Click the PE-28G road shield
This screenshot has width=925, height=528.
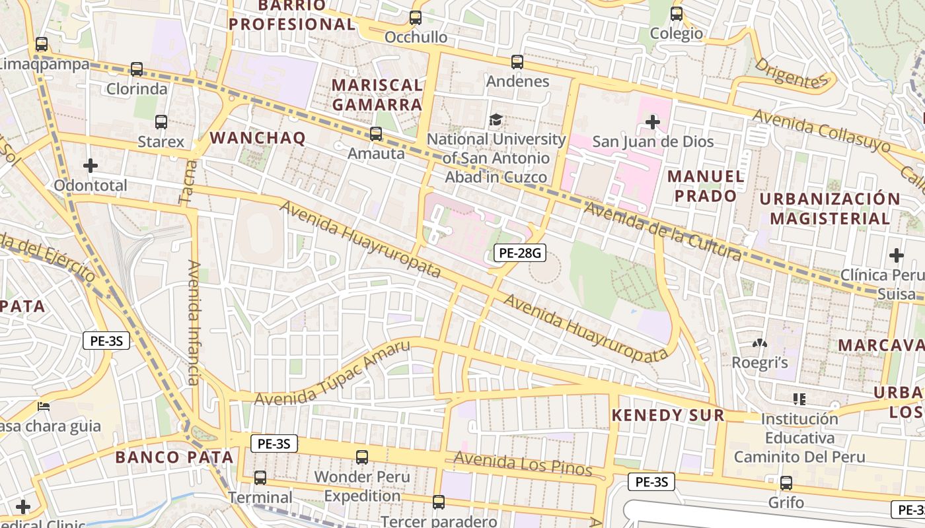[x=520, y=251]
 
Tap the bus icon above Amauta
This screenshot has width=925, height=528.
[x=376, y=134]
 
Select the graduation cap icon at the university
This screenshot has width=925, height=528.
[x=496, y=119]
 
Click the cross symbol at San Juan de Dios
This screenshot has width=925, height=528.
[x=653, y=121]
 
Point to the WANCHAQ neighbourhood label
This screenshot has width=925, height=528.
[x=258, y=138]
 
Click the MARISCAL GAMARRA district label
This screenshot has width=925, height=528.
[x=377, y=94]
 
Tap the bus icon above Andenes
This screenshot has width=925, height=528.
[x=517, y=62]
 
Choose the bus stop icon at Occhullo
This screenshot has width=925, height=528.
[x=416, y=18]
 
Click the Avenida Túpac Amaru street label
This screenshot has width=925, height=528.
[x=332, y=374]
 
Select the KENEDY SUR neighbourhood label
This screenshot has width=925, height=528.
[x=667, y=415]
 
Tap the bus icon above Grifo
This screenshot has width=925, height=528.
[x=786, y=483]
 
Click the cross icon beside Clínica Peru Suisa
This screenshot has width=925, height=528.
[x=897, y=255]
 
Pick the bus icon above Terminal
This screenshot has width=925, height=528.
[x=260, y=478]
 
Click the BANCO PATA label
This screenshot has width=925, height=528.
[x=174, y=457]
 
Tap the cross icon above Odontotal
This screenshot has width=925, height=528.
[x=91, y=165]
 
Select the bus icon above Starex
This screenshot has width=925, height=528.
[x=161, y=122]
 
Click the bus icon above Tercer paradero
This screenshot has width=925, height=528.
[x=438, y=502]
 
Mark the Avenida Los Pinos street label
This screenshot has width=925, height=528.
[x=523, y=464]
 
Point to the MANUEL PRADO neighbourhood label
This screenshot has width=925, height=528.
[x=706, y=186]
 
